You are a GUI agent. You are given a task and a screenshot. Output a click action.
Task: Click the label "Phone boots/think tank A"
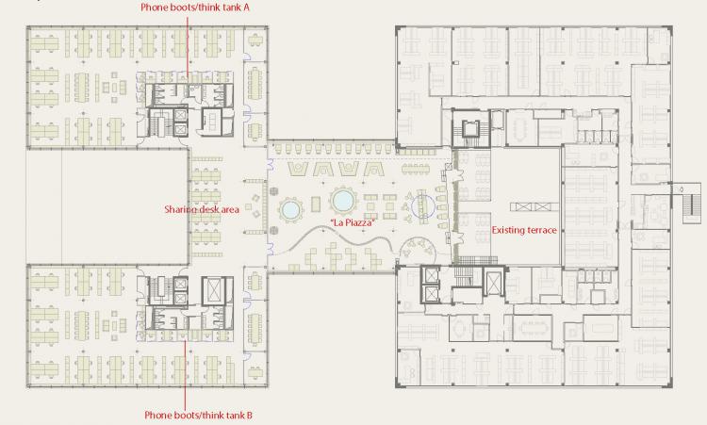pos(195,8)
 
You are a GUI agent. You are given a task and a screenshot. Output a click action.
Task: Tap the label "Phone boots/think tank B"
pos(198,415)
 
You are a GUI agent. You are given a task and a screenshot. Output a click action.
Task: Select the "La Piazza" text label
pos(353,222)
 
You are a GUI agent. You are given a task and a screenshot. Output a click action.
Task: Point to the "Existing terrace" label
pos(524,230)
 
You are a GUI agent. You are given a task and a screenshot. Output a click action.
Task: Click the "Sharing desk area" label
pos(202,209)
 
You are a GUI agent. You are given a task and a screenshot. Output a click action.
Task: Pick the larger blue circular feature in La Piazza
pos(343,200)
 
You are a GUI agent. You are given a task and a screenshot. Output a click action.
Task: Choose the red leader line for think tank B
pos(185,375)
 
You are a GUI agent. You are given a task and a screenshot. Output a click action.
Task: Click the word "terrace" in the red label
pos(541,230)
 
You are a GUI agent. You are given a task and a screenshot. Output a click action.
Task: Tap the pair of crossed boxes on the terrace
pos(534,207)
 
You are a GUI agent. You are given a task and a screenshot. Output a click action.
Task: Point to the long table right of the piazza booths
pos(416,169)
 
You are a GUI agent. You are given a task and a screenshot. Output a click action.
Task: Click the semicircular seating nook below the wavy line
pos(418,250)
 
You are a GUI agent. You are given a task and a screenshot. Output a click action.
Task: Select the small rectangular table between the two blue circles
pos(316,204)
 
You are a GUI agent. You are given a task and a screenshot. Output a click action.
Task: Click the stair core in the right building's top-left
pos(470,128)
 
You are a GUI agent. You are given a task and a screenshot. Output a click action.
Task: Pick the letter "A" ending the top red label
pos(246,8)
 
